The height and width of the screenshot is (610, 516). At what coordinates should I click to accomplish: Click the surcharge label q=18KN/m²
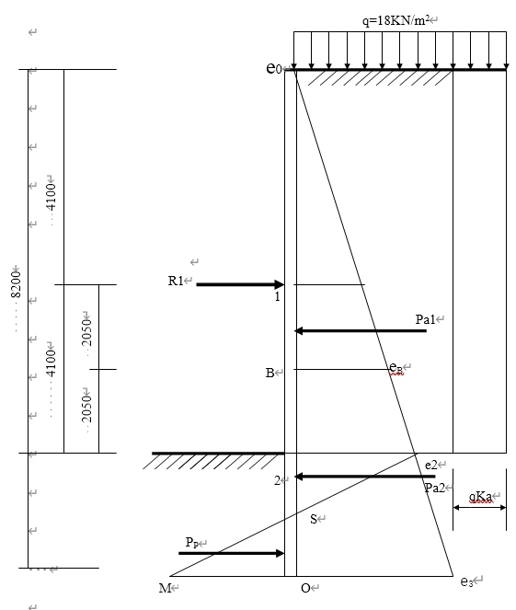point(396,20)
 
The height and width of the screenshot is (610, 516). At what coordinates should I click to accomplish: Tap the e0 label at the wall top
point(273,68)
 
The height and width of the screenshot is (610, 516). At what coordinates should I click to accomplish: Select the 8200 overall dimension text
point(16,284)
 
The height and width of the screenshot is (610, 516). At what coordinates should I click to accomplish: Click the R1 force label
point(176,281)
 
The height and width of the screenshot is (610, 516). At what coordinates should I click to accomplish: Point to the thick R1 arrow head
point(280,284)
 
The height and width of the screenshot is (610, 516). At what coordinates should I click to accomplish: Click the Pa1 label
point(425,319)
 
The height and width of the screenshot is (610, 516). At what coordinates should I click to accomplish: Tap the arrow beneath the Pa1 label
point(361,330)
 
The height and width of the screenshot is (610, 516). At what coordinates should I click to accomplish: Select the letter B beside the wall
point(269,373)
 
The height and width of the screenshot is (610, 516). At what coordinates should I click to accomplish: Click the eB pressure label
point(396,368)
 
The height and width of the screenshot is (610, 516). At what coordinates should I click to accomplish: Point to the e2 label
point(431,465)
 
